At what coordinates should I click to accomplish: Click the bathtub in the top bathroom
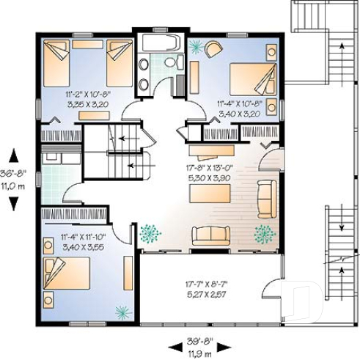tap(159, 41)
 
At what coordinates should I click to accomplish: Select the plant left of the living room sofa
tap(150, 233)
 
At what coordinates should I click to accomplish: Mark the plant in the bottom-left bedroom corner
tap(120, 310)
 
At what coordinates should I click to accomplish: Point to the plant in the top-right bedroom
tap(196, 45)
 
